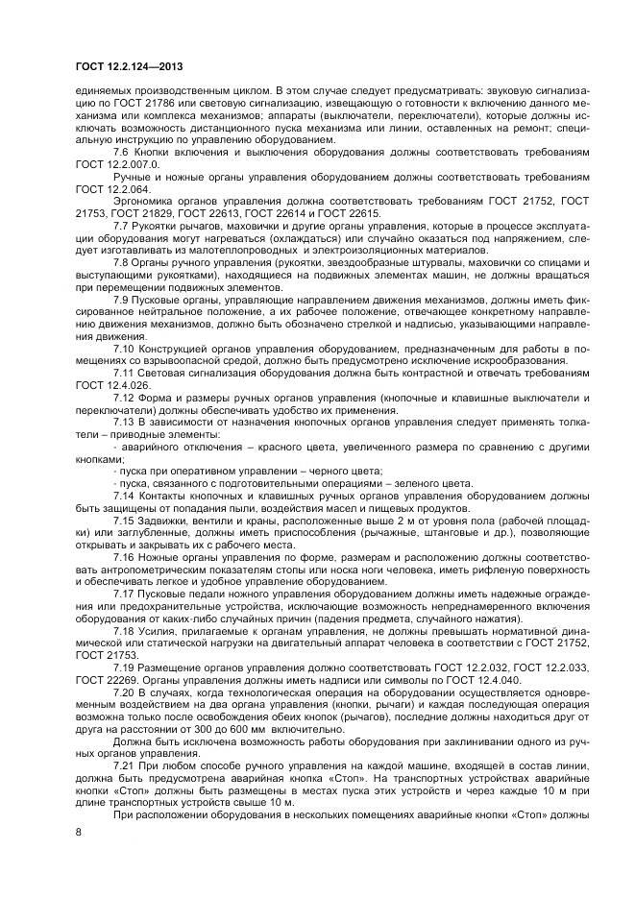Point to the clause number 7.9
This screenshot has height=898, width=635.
pyautogui.click(x=121, y=301)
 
